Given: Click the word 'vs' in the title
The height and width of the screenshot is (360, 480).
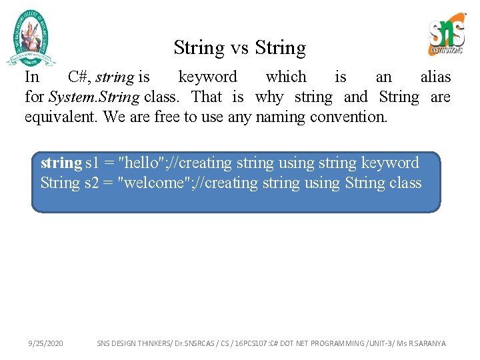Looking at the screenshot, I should (239, 48).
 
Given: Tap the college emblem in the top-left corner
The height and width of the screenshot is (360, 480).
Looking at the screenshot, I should (31, 38).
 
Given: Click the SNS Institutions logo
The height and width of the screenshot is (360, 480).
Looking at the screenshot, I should (446, 35).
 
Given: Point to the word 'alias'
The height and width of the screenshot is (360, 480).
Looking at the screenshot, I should (435, 77).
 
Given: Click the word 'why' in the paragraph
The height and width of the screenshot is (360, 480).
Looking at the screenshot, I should (269, 97).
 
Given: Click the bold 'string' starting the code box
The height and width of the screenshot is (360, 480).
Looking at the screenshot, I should (61, 163).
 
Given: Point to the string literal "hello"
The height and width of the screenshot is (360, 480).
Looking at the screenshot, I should (141, 163).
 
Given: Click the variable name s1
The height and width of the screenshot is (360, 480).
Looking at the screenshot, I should (94, 163).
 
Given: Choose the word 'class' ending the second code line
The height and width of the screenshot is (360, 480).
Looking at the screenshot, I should (405, 183).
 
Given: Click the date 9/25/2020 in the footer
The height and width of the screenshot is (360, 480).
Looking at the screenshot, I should (46, 343).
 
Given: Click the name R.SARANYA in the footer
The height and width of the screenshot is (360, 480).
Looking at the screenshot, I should (427, 343).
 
